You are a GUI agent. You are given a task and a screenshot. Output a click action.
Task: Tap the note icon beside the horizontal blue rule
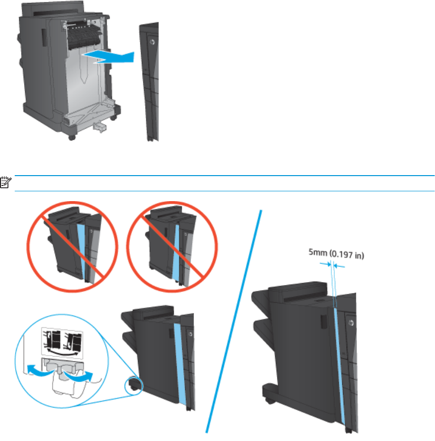click(4, 183)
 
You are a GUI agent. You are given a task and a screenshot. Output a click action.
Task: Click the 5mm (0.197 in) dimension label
click(335, 255)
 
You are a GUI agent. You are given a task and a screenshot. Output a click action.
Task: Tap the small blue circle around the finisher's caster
click(135, 386)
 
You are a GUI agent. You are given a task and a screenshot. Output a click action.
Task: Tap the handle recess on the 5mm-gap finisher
click(324, 323)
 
